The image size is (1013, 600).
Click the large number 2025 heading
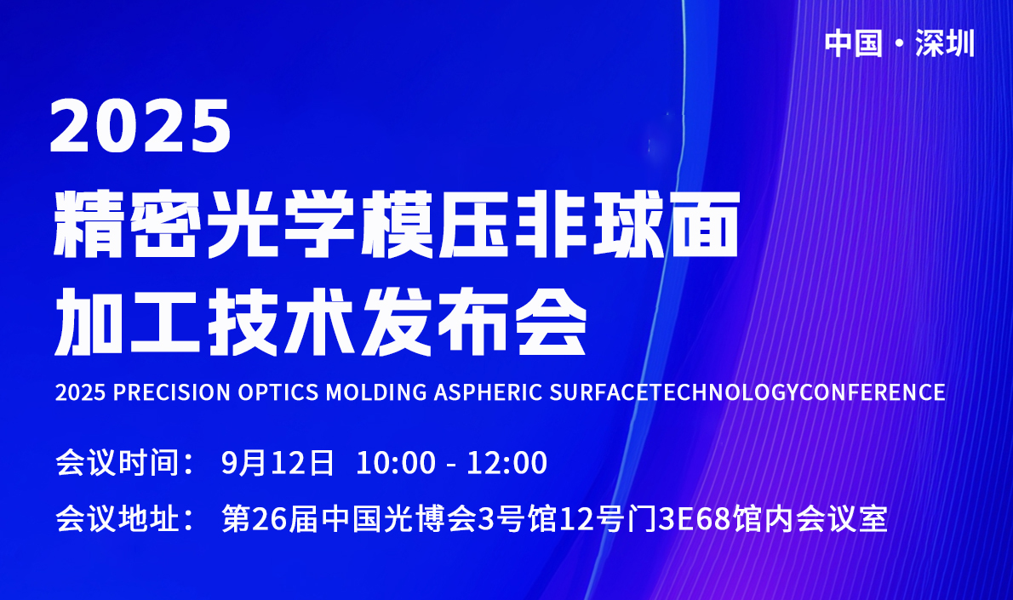pyautogui.click(x=140, y=126)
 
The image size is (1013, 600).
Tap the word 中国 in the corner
pyautogui.click(x=854, y=44)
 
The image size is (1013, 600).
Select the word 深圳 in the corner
pyautogui.click(x=945, y=44)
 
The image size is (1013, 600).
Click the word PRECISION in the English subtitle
pyautogui.click(x=171, y=392)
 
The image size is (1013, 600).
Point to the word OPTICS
pyautogui.click(x=278, y=392)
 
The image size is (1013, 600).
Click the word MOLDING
pyautogui.click(x=376, y=392)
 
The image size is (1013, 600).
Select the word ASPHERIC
pyautogui.click(x=488, y=392)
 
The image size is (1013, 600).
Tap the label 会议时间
pyautogui.click(x=117, y=462)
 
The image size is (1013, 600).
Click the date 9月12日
pyautogui.click(x=278, y=462)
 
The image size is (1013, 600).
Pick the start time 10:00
pyautogui.click(x=396, y=463)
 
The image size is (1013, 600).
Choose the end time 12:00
pyautogui.click(x=507, y=463)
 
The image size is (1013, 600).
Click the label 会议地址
pyautogui.click(x=117, y=518)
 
